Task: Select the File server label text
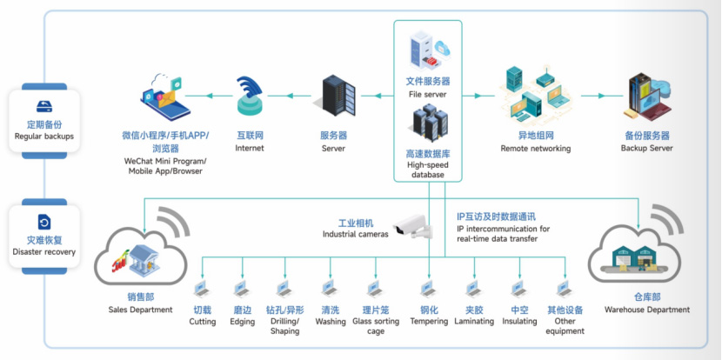pos(427,88)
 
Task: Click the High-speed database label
pos(427,164)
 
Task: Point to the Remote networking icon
pos(535,96)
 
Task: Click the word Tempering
pos(429,322)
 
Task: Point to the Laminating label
pos(473,322)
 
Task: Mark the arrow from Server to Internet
pos(291,96)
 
